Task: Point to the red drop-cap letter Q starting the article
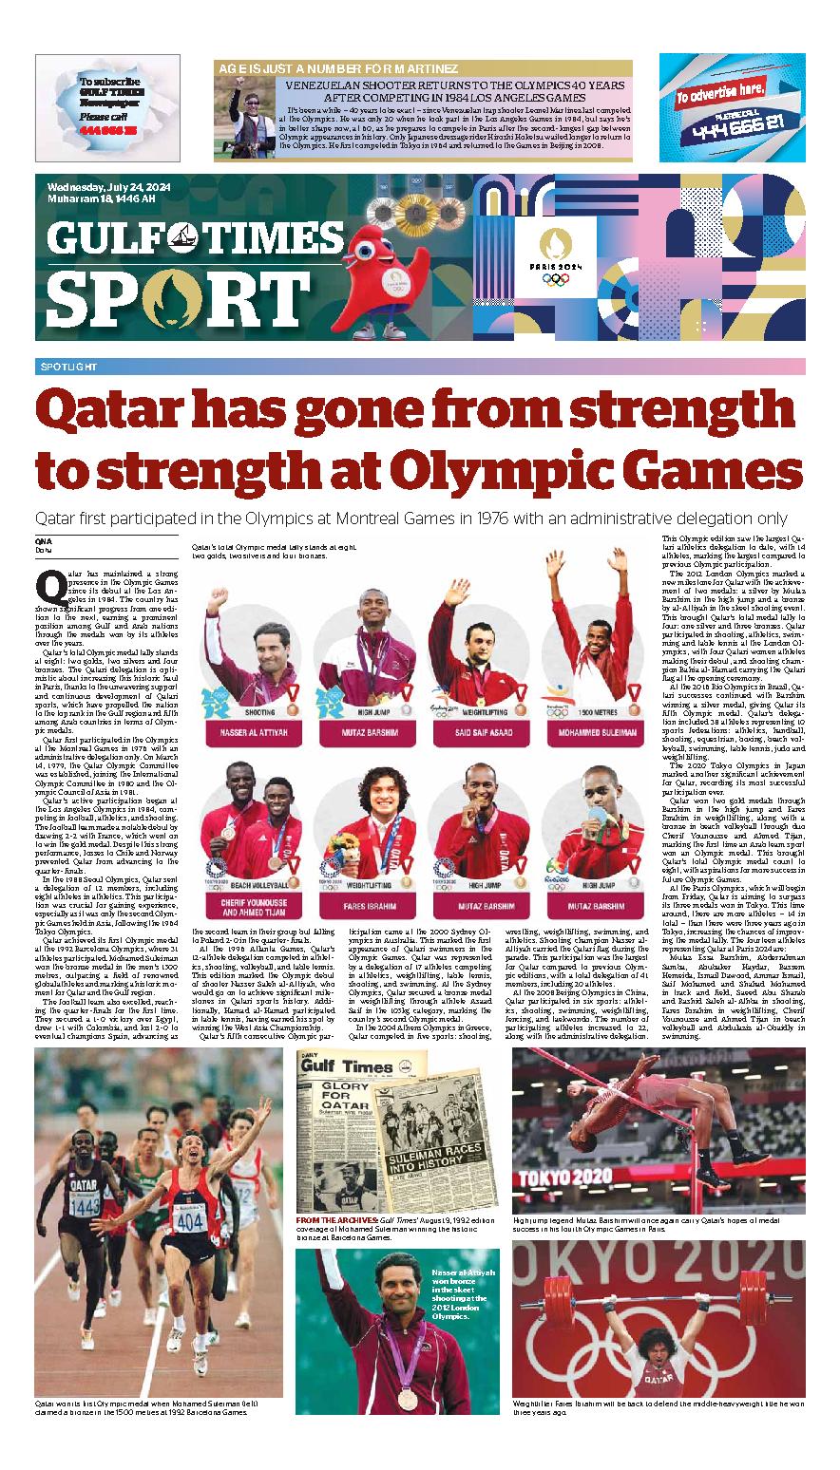coord(43,580)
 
